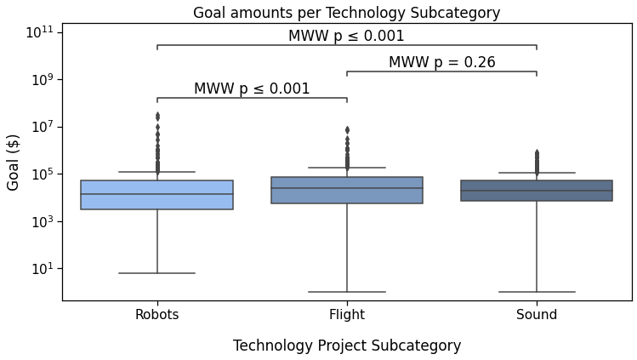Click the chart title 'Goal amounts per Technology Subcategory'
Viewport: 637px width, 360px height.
click(346, 13)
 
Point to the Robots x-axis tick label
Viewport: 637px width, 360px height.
click(156, 315)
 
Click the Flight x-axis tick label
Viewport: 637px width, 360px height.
click(346, 315)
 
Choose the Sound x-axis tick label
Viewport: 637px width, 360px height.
click(536, 315)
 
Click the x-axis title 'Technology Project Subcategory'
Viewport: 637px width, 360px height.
click(346, 346)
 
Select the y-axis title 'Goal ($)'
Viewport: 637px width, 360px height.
click(14, 162)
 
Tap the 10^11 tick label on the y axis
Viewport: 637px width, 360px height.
click(38, 33)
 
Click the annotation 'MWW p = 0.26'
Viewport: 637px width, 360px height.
click(441, 63)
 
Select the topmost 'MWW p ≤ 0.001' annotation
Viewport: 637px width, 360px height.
click(346, 37)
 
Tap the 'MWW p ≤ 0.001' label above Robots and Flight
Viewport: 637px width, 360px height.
click(252, 89)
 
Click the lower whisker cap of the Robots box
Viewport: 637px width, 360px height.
click(156, 273)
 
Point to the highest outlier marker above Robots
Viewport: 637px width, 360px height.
click(157, 114)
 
